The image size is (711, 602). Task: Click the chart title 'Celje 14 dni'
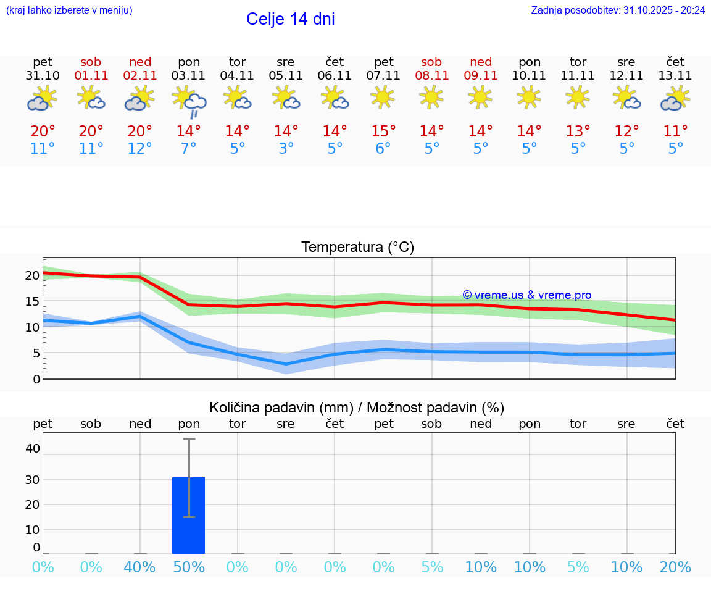290,19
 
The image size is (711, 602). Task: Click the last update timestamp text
618,10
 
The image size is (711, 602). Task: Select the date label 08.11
431,76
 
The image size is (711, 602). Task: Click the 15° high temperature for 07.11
383,132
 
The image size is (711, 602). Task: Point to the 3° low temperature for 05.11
286,149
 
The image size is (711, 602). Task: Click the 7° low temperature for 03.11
189,149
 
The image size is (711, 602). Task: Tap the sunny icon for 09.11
480,97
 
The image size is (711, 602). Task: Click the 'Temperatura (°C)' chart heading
357,248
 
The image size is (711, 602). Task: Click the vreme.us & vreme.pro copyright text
526,295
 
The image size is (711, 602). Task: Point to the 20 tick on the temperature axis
32,275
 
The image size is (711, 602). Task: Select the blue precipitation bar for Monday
188,515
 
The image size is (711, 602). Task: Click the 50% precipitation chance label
189,567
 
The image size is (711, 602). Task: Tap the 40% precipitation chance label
140,567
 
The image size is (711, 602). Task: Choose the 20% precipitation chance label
675,567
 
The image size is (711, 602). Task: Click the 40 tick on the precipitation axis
32,448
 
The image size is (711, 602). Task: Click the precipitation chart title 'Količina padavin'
281,408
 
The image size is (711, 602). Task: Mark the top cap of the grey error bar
189,439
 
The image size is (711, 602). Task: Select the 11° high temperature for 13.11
675,132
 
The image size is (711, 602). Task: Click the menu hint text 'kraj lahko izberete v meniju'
69,10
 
